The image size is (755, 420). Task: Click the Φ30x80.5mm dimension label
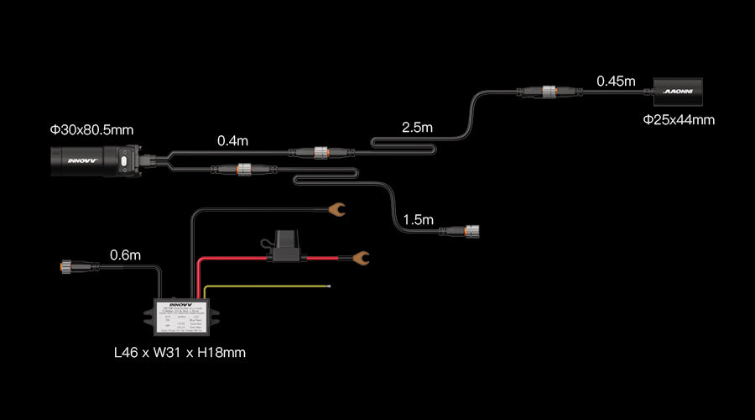tap(91, 130)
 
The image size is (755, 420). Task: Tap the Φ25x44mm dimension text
tap(679, 120)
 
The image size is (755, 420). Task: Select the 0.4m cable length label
tap(232, 141)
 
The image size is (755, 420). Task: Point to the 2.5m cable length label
tap(417, 128)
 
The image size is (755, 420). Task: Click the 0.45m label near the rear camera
tap(616, 81)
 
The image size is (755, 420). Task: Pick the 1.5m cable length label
tap(418, 220)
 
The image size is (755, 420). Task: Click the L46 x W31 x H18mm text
tap(180, 353)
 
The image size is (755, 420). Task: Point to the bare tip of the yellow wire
tap(329, 287)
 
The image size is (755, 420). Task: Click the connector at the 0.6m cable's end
tap(66, 268)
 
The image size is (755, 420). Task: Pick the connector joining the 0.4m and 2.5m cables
tap(320, 153)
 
